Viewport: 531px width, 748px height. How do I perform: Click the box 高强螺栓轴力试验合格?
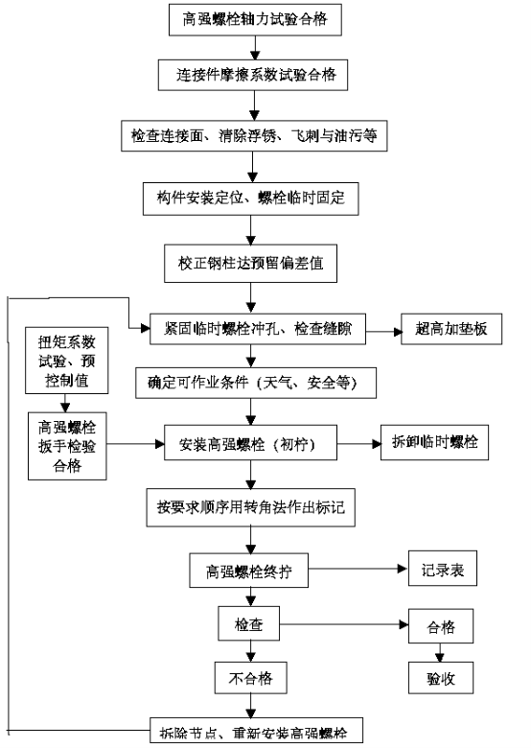(x=255, y=19)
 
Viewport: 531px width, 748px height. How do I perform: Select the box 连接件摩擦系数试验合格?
(x=253, y=75)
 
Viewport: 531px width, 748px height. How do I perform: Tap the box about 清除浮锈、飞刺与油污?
(x=254, y=136)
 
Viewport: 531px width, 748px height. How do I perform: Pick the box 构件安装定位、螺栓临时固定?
(x=251, y=198)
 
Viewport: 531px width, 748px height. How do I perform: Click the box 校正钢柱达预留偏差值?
(x=251, y=264)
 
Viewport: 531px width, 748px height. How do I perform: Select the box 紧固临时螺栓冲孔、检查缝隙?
(x=258, y=329)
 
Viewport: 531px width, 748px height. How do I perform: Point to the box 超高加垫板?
(x=451, y=329)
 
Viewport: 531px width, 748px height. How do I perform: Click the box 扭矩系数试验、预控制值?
(x=67, y=361)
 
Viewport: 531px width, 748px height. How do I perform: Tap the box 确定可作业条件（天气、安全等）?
(x=256, y=383)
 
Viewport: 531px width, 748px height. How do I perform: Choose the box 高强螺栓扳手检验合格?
(x=67, y=446)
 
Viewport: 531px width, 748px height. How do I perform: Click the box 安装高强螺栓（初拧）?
(x=251, y=443)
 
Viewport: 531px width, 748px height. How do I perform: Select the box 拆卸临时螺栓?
(x=434, y=442)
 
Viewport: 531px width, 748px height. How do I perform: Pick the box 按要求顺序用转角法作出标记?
(x=251, y=507)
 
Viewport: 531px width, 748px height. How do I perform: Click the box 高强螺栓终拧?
(x=249, y=570)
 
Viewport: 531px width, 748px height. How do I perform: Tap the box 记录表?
(x=443, y=568)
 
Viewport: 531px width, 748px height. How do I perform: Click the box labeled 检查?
(x=249, y=623)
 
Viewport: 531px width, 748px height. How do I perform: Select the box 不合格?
(x=251, y=677)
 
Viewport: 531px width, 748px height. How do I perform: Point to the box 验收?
(x=441, y=677)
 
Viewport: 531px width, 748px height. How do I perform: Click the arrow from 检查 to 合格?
(x=344, y=624)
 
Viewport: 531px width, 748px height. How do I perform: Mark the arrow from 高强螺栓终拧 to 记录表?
(x=358, y=569)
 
